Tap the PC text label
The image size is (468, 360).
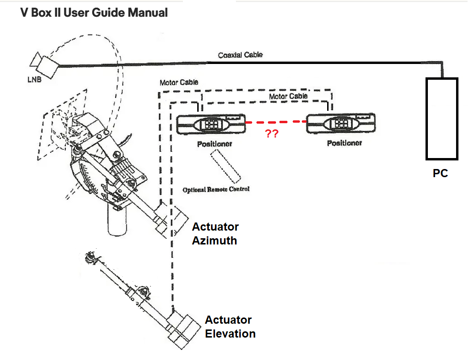[x=440, y=174]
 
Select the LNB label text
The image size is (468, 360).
[x=34, y=79]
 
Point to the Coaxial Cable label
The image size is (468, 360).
[x=240, y=55]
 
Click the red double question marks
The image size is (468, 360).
[x=272, y=134]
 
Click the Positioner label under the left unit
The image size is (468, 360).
[x=214, y=143]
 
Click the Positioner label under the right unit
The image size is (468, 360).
[x=344, y=143]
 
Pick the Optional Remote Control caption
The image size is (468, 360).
[x=216, y=190]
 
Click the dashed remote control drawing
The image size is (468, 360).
[x=224, y=165]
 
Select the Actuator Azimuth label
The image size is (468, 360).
[x=215, y=233]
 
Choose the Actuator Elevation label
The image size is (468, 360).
[x=230, y=327]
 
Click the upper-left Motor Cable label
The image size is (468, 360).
[x=179, y=83]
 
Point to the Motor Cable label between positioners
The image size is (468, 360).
[x=288, y=96]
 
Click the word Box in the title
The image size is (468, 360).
[x=42, y=12]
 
